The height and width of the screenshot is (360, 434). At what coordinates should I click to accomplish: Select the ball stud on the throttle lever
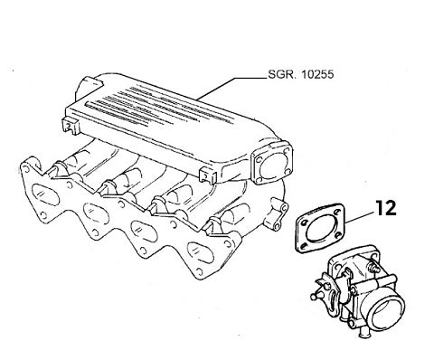pyautogui.click(x=317, y=293)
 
